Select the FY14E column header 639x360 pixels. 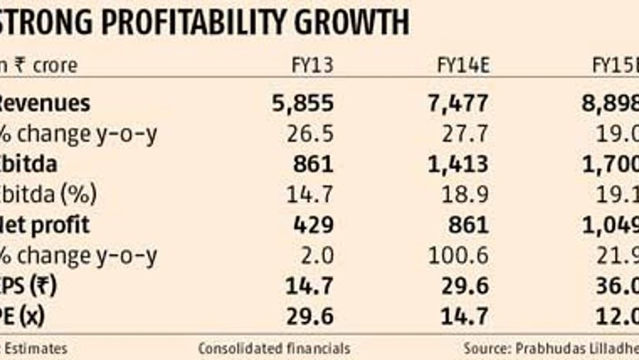click(462, 66)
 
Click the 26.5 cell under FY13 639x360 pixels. click(309, 133)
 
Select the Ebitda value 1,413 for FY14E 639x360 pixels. click(457, 164)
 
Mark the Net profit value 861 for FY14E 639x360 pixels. click(467, 225)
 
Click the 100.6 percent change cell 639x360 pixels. click(460, 255)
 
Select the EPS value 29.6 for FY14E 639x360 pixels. click(464, 286)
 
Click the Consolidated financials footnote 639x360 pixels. click(274, 348)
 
